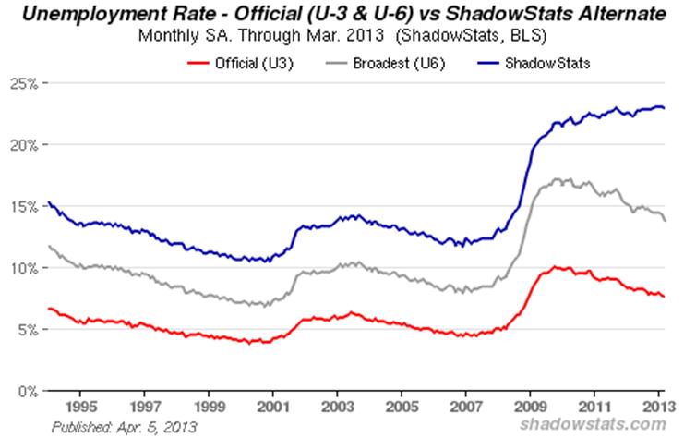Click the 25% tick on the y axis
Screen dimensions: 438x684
pos(22,84)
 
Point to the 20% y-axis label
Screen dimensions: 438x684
pos(22,145)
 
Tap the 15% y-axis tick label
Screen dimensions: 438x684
pos(22,207)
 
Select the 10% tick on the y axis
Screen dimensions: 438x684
pos(22,268)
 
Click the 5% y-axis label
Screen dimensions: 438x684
pos(26,330)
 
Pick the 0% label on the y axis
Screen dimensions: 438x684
pos(26,391)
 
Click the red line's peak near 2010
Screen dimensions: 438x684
pos(554,266)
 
